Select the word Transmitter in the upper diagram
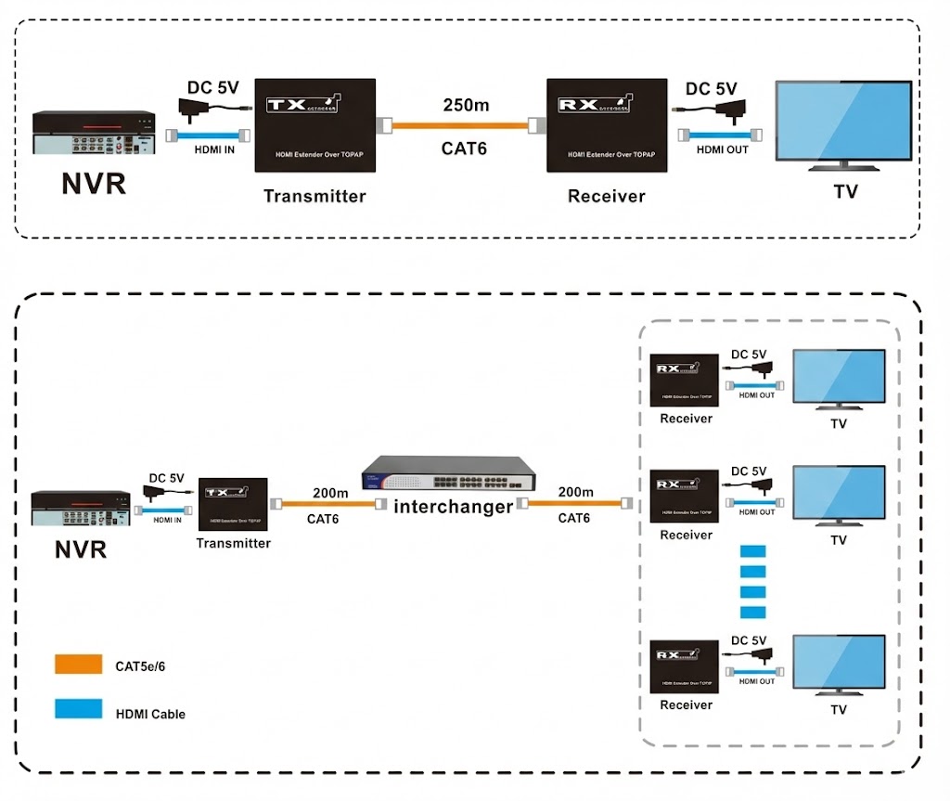[315, 196]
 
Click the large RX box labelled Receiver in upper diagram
[607, 124]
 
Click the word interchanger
[453, 507]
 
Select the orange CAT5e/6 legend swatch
[78, 665]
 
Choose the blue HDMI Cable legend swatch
[78, 710]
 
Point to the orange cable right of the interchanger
[575, 503]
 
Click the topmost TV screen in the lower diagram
[839, 375]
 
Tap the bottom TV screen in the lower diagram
[839, 662]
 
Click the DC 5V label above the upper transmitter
[213, 88]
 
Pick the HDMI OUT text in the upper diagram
[723, 149]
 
